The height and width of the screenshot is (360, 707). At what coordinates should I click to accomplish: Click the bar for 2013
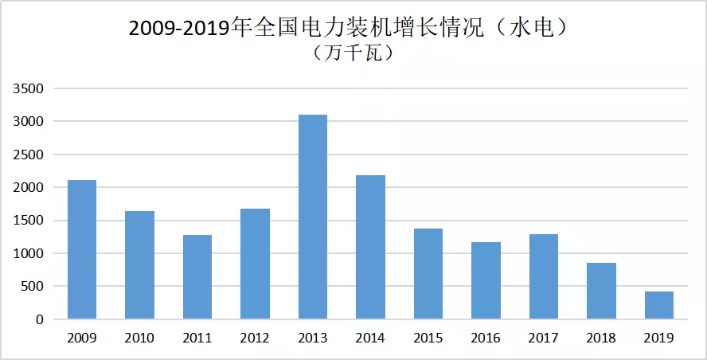point(312,217)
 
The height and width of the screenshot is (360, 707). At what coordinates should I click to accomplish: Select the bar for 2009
point(82,249)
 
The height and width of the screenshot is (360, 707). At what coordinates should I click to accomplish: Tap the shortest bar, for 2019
point(659,305)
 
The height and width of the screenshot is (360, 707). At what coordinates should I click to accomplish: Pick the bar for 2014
point(370,247)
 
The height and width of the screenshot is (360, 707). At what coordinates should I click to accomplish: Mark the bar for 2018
point(601,291)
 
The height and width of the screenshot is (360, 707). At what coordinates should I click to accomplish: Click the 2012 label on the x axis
point(255,338)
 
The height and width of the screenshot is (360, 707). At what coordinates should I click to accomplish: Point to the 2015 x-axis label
point(428,338)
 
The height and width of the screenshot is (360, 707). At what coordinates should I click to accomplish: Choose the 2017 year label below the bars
point(544,338)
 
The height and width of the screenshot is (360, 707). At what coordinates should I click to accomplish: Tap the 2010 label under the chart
point(139,338)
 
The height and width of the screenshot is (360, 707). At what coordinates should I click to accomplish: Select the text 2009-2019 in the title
point(179,28)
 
